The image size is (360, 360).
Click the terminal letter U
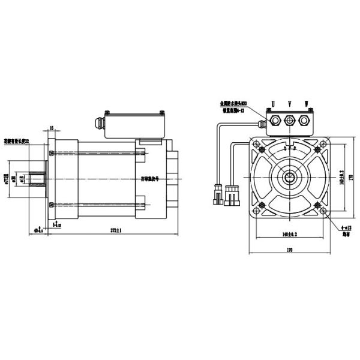274,104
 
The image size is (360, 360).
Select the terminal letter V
290,104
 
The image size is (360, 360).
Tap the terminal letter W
307,104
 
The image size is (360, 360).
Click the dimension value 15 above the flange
52,128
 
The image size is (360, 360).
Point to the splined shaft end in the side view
37,179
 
